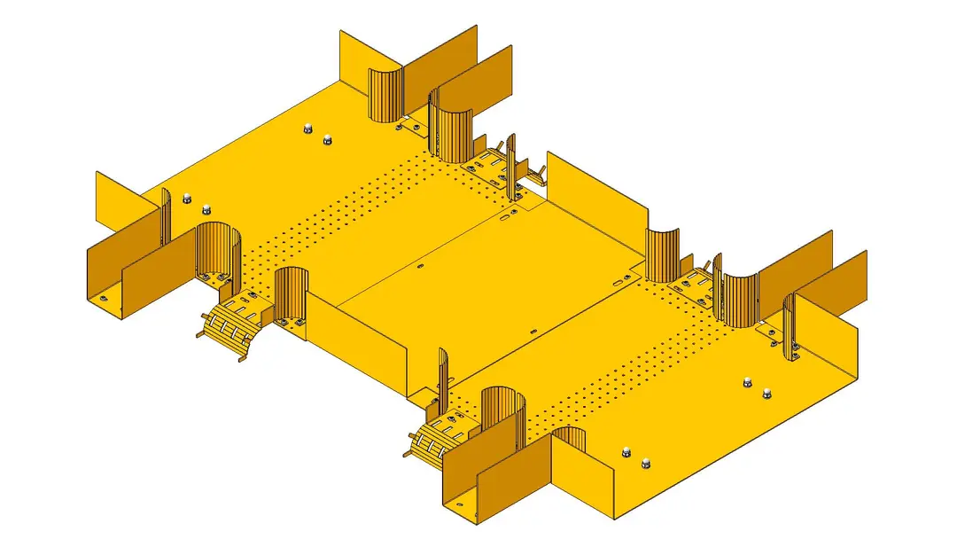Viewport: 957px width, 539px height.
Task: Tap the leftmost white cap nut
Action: [x=186, y=198]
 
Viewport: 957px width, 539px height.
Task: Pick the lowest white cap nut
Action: [x=646, y=462]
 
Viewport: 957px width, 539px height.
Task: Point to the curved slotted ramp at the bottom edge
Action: [x=434, y=441]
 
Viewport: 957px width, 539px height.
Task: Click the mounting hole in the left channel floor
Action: [x=104, y=298]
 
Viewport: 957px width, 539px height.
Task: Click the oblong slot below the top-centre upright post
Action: [x=504, y=215]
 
